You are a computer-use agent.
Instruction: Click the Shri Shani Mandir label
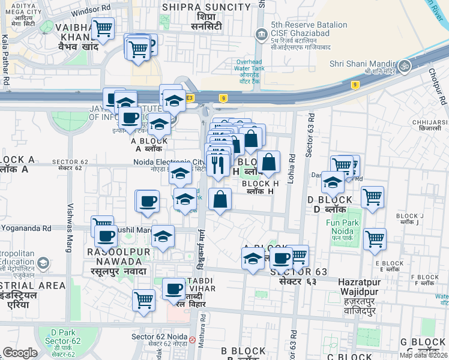click(361, 64)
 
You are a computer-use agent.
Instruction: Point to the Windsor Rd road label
click(91, 12)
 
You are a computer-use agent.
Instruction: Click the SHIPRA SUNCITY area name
click(206, 7)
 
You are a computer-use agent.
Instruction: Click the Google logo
click(20, 353)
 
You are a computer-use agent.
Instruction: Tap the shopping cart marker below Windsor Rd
click(103, 28)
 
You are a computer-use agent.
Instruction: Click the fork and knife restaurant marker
click(217, 163)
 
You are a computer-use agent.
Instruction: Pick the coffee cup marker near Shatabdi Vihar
click(173, 289)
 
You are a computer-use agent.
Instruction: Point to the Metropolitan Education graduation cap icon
click(42, 263)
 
